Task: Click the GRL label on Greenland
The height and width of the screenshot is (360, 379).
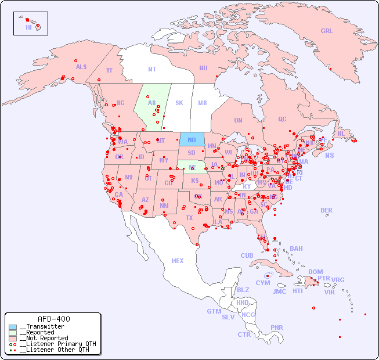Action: (x=327, y=31)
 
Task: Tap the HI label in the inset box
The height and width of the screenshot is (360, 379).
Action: (x=28, y=27)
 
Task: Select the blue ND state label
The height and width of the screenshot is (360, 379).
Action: (x=192, y=140)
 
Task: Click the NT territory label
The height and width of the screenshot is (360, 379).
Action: (x=152, y=69)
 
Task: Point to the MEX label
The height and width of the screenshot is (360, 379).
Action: (x=178, y=261)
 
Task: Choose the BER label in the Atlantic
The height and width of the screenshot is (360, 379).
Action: (x=326, y=210)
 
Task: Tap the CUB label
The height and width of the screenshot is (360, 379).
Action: (x=247, y=255)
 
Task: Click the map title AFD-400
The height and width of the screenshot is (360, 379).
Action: (x=53, y=319)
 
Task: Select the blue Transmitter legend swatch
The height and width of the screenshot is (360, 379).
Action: (x=13, y=327)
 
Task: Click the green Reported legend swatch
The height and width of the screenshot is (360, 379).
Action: (x=13, y=333)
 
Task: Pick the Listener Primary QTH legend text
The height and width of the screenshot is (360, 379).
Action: (x=57, y=344)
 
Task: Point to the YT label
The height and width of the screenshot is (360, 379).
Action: (x=109, y=70)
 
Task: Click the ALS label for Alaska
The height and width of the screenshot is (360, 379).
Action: (x=81, y=67)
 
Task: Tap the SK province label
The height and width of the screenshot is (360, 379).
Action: (x=179, y=103)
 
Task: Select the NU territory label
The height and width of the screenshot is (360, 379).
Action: (x=203, y=68)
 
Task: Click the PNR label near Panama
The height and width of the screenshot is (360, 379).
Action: (x=277, y=327)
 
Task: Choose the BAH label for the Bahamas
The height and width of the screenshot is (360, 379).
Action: (x=296, y=249)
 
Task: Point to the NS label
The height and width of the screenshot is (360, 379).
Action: (x=329, y=156)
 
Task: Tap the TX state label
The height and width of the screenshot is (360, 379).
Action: (x=189, y=218)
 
